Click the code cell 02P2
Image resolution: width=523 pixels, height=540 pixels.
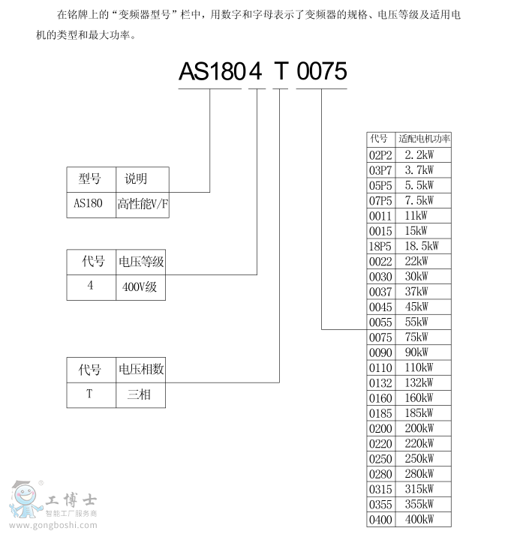pyautogui.click(x=380, y=155)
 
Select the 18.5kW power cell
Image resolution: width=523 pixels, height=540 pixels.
pyautogui.click(x=423, y=246)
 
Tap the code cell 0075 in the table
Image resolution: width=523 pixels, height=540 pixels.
pyautogui.click(x=380, y=337)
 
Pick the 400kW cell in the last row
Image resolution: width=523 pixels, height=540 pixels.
pyautogui.click(x=423, y=519)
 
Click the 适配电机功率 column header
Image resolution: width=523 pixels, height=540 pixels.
pyautogui.click(x=423, y=139)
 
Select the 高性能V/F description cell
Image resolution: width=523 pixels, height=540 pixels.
pyautogui.click(x=143, y=205)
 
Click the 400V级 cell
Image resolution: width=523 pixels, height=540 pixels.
pyautogui.click(x=140, y=287)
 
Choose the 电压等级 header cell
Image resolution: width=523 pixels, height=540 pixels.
pyautogui.click(x=140, y=262)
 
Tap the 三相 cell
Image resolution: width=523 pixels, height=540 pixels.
pyautogui.click(x=140, y=395)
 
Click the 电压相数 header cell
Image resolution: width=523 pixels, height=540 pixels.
pyautogui.click(x=140, y=370)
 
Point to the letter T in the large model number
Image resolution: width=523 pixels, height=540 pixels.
pyautogui.click(x=281, y=71)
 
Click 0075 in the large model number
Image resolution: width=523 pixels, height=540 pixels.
pyautogui.click(x=321, y=71)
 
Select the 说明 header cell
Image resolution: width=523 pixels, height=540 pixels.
pyautogui.click(x=143, y=180)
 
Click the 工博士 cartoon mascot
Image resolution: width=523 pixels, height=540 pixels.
pyautogui.click(x=25, y=499)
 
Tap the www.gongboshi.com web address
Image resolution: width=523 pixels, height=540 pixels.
pyautogui.click(x=53, y=525)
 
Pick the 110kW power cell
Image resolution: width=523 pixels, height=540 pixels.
pyautogui.click(x=423, y=367)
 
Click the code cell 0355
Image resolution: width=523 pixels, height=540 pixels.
pyautogui.click(x=380, y=504)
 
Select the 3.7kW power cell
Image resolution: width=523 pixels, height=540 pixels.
pyautogui.click(x=423, y=170)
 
